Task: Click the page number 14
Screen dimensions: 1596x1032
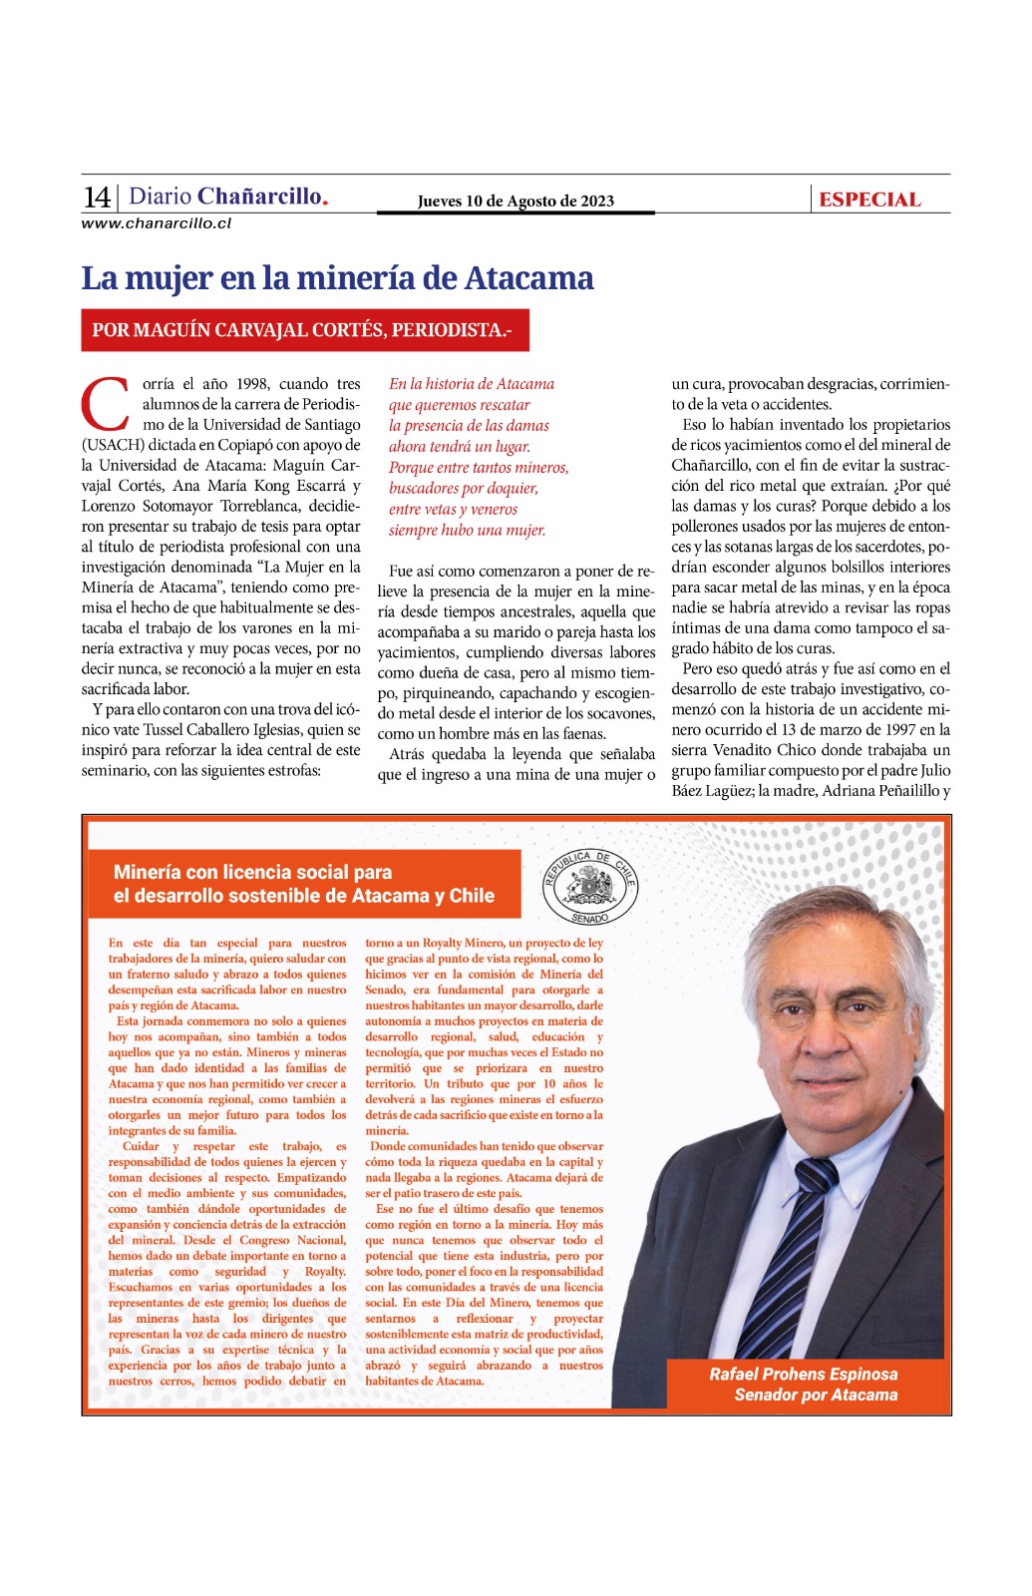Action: point(97,197)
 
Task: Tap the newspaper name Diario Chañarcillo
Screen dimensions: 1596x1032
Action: point(228,197)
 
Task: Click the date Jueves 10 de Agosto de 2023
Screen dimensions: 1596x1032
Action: point(516,201)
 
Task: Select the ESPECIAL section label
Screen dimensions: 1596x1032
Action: point(869,199)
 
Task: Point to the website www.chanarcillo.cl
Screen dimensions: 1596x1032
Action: point(157,223)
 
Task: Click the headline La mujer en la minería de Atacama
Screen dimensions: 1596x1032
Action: point(337,278)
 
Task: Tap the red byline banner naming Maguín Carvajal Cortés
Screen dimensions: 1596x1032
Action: point(304,330)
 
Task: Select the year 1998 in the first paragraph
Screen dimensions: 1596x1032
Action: point(252,384)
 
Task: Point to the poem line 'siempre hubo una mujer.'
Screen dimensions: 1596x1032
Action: point(467,530)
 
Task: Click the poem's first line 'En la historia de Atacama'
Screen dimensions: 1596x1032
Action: point(472,384)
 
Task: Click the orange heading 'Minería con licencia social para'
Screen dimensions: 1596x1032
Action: point(252,872)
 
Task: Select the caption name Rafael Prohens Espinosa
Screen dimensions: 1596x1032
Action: point(804,1374)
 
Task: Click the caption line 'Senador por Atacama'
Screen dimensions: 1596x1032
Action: point(816,1395)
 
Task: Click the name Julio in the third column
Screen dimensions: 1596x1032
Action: point(935,770)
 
